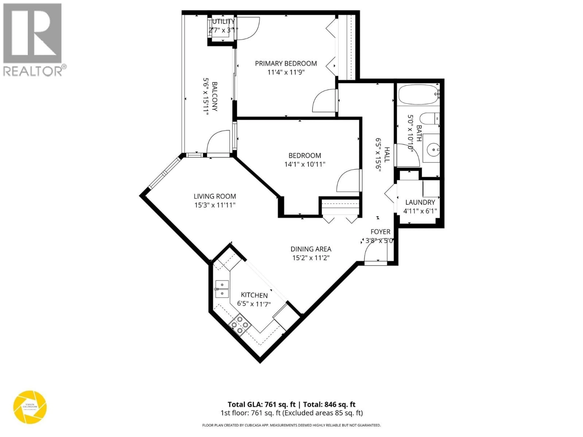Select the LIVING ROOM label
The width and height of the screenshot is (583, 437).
tap(215, 196)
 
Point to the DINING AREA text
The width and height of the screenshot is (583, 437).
tap(311, 249)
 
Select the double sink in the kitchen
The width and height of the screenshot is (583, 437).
tap(222, 289)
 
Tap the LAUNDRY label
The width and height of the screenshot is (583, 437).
tap(420, 202)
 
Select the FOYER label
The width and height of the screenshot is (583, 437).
tap(380, 232)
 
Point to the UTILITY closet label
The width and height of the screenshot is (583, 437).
tap(223, 21)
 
